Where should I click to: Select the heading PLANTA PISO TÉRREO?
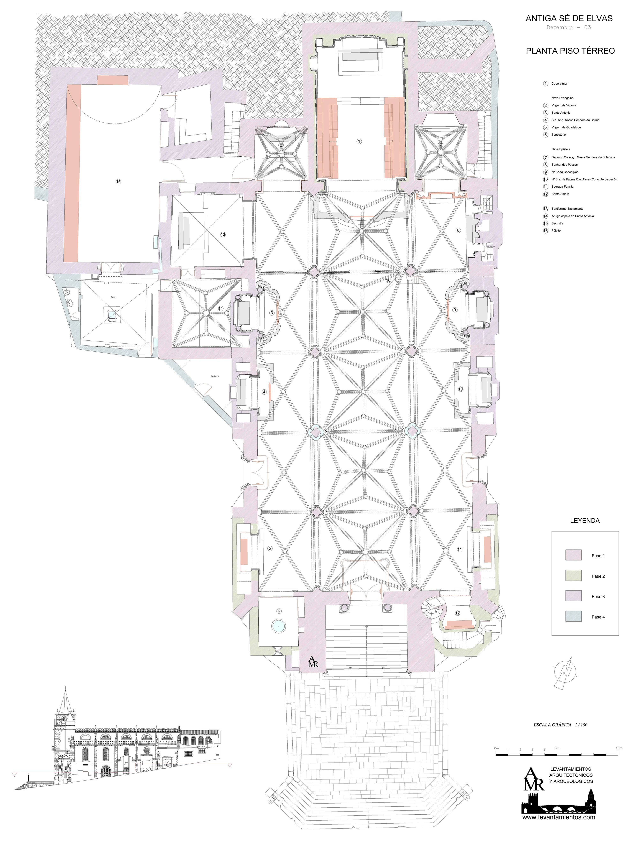pos(570,51)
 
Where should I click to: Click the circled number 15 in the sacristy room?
pos(118,182)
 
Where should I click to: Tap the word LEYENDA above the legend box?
pos(585,520)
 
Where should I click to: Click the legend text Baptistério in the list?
pos(558,135)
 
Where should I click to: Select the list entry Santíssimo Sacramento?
pos(567,209)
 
